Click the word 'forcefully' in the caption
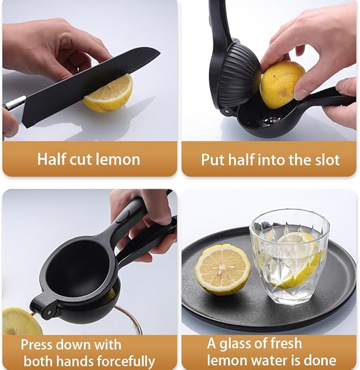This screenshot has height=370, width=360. point(126,361)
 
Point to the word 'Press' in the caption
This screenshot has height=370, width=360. point(37,345)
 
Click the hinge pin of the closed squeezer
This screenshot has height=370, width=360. point(49,313)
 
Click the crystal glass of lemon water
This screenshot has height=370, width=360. point(289,256)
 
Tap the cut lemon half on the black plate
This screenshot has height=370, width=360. point(223,270)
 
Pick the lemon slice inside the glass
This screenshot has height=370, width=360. point(297,260)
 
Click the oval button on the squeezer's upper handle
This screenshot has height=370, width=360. point(125,217)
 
